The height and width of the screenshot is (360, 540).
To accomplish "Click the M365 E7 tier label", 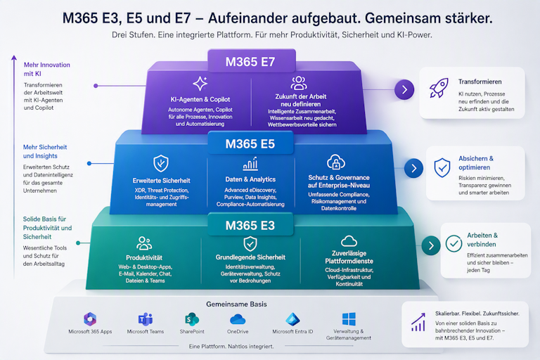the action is (x=250, y=62).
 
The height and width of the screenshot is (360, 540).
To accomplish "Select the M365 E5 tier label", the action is (x=250, y=144).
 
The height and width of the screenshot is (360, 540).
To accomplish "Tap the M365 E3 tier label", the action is (x=250, y=226).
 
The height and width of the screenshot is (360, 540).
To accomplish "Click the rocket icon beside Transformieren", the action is (x=439, y=87).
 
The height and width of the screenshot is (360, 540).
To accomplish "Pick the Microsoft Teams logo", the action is (x=146, y=319).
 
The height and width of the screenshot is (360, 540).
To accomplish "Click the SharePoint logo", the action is (x=191, y=319).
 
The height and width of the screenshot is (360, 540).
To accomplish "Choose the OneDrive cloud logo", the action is (x=238, y=319).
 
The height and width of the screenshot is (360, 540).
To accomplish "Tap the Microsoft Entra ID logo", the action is (x=292, y=319).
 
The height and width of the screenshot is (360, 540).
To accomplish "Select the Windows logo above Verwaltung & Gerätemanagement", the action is (x=349, y=319).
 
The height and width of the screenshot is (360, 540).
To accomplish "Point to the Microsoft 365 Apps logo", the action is (x=90, y=319).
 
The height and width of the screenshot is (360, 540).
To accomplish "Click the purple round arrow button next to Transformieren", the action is (x=404, y=90).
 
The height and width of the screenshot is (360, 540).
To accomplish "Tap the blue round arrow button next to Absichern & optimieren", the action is (x=413, y=168).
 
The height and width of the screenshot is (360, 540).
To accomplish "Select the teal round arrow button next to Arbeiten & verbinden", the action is (x=430, y=245).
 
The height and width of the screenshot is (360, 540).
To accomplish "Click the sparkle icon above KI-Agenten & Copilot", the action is (x=200, y=84).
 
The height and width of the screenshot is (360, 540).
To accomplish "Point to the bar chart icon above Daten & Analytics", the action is (x=250, y=164).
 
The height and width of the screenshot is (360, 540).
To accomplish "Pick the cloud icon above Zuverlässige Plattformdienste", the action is (x=349, y=240).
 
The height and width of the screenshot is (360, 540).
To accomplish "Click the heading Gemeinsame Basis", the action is (x=236, y=304).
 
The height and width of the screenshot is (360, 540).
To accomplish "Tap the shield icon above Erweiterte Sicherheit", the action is (x=161, y=163).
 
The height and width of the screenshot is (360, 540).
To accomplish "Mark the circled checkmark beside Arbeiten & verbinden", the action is (x=454, y=243).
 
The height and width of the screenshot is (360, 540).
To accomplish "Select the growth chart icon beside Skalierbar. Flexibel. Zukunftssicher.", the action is (x=418, y=323).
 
